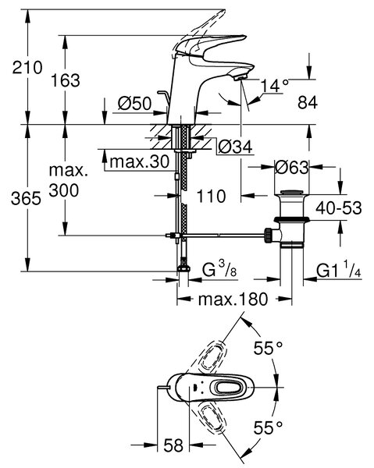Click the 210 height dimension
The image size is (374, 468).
click(x=27, y=67)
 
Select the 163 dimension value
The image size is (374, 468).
click(x=66, y=80)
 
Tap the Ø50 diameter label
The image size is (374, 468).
click(x=135, y=103)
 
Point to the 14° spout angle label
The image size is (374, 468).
click(x=275, y=86)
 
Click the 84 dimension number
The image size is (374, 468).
click(x=308, y=102)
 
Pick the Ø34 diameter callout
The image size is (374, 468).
click(x=235, y=147)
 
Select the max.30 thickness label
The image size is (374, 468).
click(x=140, y=161)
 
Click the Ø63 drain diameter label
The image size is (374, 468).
click(x=291, y=167)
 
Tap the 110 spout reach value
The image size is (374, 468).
click(x=211, y=196)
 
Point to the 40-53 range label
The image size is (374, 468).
click(x=339, y=207)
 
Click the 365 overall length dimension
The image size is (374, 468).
click(x=26, y=198)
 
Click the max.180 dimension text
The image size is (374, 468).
click(x=233, y=299)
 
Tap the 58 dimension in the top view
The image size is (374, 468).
click(x=173, y=445)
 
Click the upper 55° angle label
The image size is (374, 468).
click(x=268, y=348)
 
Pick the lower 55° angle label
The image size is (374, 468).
click(x=268, y=427)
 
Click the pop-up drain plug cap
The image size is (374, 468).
click(x=291, y=193)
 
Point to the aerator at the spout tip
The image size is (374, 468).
click(x=240, y=78)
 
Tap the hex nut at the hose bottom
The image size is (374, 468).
click(x=183, y=268)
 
